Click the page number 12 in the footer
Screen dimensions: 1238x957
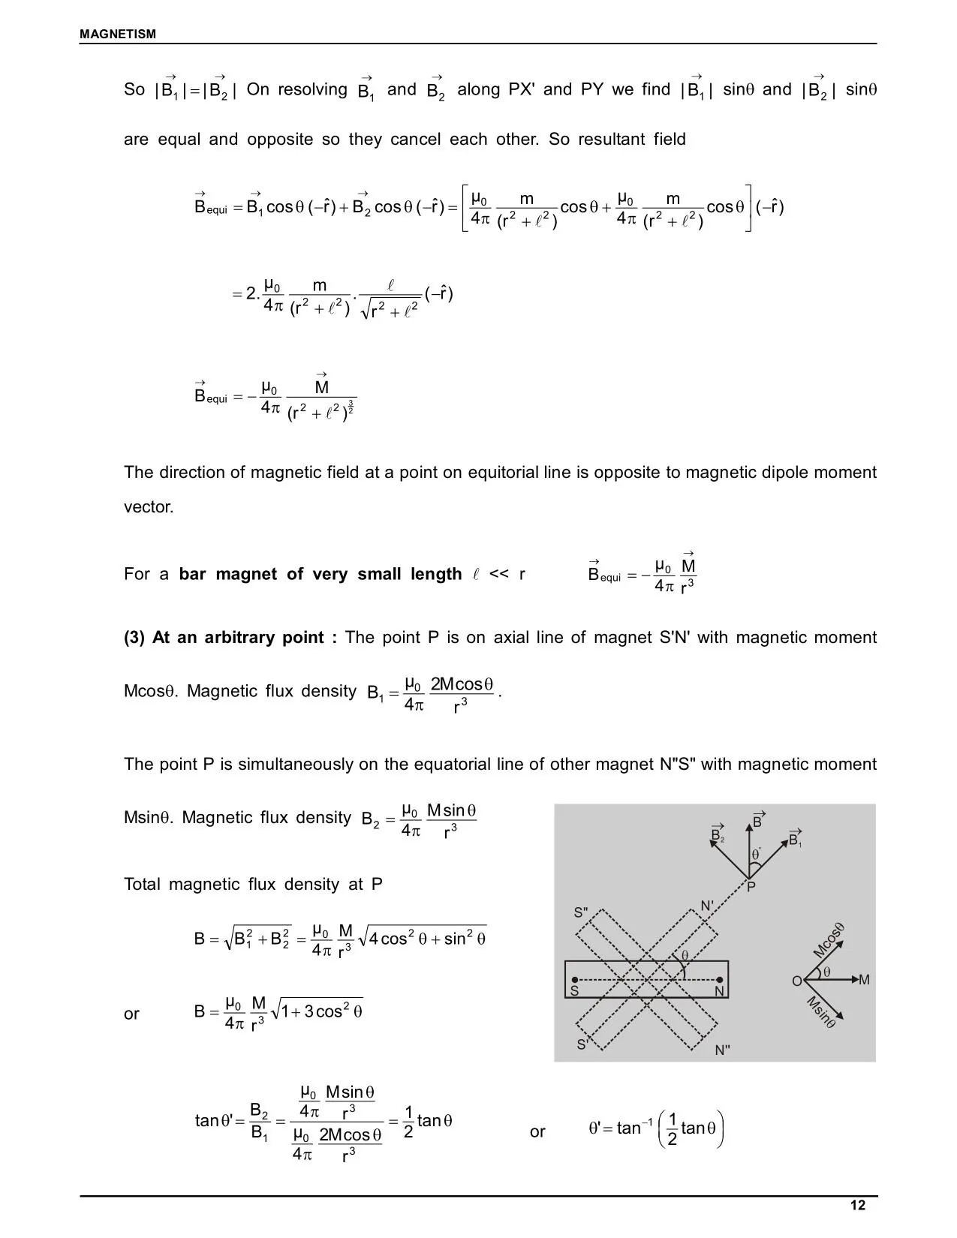(857, 1205)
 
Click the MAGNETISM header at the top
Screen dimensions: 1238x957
(118, 34)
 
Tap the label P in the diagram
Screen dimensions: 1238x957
(751, 888)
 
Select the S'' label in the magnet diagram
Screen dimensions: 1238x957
(581, 913)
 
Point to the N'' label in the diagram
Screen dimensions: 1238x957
(722, 1050)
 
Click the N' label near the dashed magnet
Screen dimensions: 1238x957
(707, 906)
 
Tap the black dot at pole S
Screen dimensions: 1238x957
(574, 980)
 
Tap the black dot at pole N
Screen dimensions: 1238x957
(720, 980)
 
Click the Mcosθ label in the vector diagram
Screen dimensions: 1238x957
(829, 939)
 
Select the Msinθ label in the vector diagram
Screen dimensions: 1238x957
(822, 1012)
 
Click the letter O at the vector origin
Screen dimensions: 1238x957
(796, 981)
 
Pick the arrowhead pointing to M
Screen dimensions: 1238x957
(853, 980)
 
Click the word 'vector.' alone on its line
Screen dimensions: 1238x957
(149, 507)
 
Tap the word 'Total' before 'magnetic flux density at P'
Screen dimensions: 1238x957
(142, 885)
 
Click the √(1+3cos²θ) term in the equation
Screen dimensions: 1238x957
(317, 1011)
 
